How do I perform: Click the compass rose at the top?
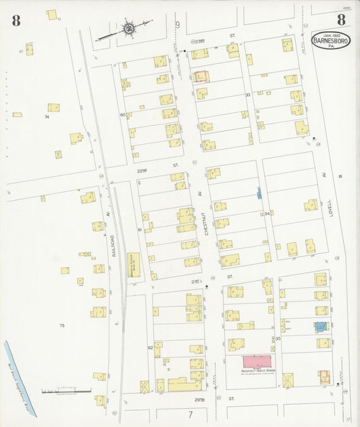pyautogui.click(x=128, y=29)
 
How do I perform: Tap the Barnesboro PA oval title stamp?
pyautogui.click(x=330, y=41)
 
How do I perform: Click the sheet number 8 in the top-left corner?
pyautogui.click(x=16, y=20)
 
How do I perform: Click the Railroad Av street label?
pyautogui.click(x=115, y=240)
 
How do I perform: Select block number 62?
pyautogui.click(x=150, y=347)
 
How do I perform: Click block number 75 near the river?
pyautogui.click(x=61, y=326)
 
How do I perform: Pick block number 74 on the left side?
pyautogui.click(x=47, y=117)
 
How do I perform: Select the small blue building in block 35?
pyautogui.click(x=319, y=326)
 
